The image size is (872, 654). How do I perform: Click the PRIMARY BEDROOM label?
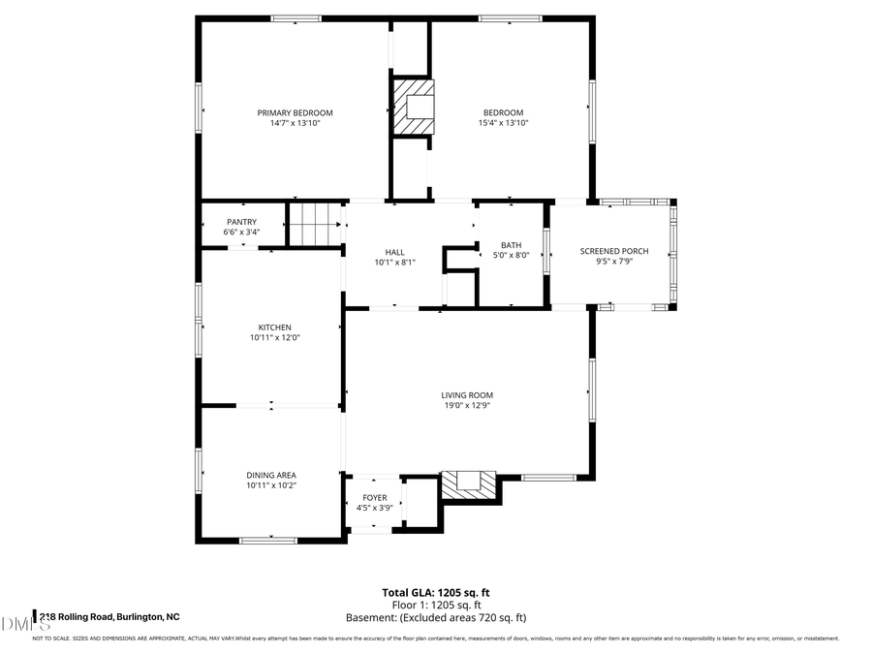[x=295, y=112]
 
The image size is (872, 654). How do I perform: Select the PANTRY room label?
[x=241, y=222]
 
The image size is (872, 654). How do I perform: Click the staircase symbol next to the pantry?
[x=317, y=225]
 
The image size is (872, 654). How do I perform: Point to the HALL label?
[x=394, y=251]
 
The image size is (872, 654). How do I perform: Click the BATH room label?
[x=511, y=245]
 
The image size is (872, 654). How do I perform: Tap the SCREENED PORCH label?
[x=614, y=251]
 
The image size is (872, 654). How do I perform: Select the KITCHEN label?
[x=274, y=327]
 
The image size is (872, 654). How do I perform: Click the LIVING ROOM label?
[x=467, y=394]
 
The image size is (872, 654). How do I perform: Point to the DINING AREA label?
[x=270, y=475]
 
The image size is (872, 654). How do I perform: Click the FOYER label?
[x=374, y=497]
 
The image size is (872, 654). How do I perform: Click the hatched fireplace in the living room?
[x=469, y=484]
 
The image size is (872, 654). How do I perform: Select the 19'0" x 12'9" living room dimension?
[x=467, y=405]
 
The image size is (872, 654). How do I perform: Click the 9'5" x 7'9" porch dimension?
[x=614, y=262]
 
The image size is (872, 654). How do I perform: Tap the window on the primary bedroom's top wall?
[x=296, y=18]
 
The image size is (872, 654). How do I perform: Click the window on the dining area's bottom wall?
[x=268, y=540]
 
